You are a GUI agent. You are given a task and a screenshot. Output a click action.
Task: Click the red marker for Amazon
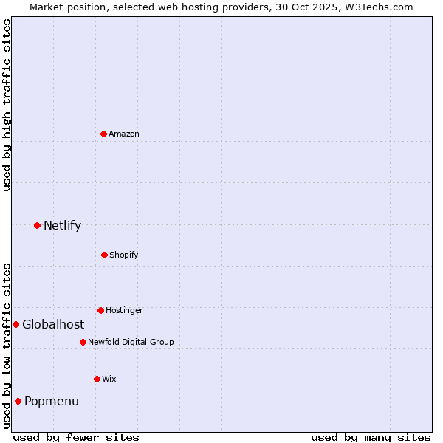pyautogui.click(x=104, y=134)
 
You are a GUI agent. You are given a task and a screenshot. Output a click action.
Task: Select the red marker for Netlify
pyautogui.click(x=37, y=225)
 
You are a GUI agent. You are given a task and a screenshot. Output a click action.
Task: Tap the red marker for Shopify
pyautogui.click(x=104, y=255)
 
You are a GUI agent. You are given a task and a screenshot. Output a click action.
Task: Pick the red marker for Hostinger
pyautogui.click(x=100, y=310)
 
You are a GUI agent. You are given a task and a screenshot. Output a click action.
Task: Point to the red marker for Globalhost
pyautogui.click(x=16, y=324)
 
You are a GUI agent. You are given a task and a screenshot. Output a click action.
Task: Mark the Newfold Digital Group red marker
pyautogui.click(x=83, y=342)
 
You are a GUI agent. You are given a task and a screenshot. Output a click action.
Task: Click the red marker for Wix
pyautogui.click(x=97, y=379)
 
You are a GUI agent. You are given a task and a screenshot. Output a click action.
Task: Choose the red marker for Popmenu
pyautogui.click(x=18, y=401)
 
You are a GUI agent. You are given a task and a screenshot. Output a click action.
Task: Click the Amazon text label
pyautogui.click(x=124, y=134)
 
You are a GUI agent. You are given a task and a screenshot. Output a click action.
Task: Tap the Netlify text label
pyautogui.click(x=62, y=225)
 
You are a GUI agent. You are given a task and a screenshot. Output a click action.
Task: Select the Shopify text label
pyautogui.click(x=124, y=255)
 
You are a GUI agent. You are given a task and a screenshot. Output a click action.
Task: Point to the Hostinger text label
pyautogui.click(x=124, y=310)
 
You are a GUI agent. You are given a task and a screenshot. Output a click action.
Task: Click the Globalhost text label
pyautogui.click(x=53, y=324)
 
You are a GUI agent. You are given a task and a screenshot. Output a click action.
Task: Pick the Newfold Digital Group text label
pyautogui.click(x=131, y=342)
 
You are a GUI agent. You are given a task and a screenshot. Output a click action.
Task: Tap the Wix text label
pyautogui.click(x=109, y=379)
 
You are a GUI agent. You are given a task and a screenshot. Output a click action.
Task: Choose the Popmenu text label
pyautogui.click(x=52, y=401)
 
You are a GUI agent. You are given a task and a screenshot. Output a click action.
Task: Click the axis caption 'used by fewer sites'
pyautogui.click(x=76, y=437)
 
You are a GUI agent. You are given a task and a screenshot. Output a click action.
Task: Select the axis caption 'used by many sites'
pyautogui.click(x=371, y=437)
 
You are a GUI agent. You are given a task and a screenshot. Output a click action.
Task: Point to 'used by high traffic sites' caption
pyautogui.click(x=7, y=105)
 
